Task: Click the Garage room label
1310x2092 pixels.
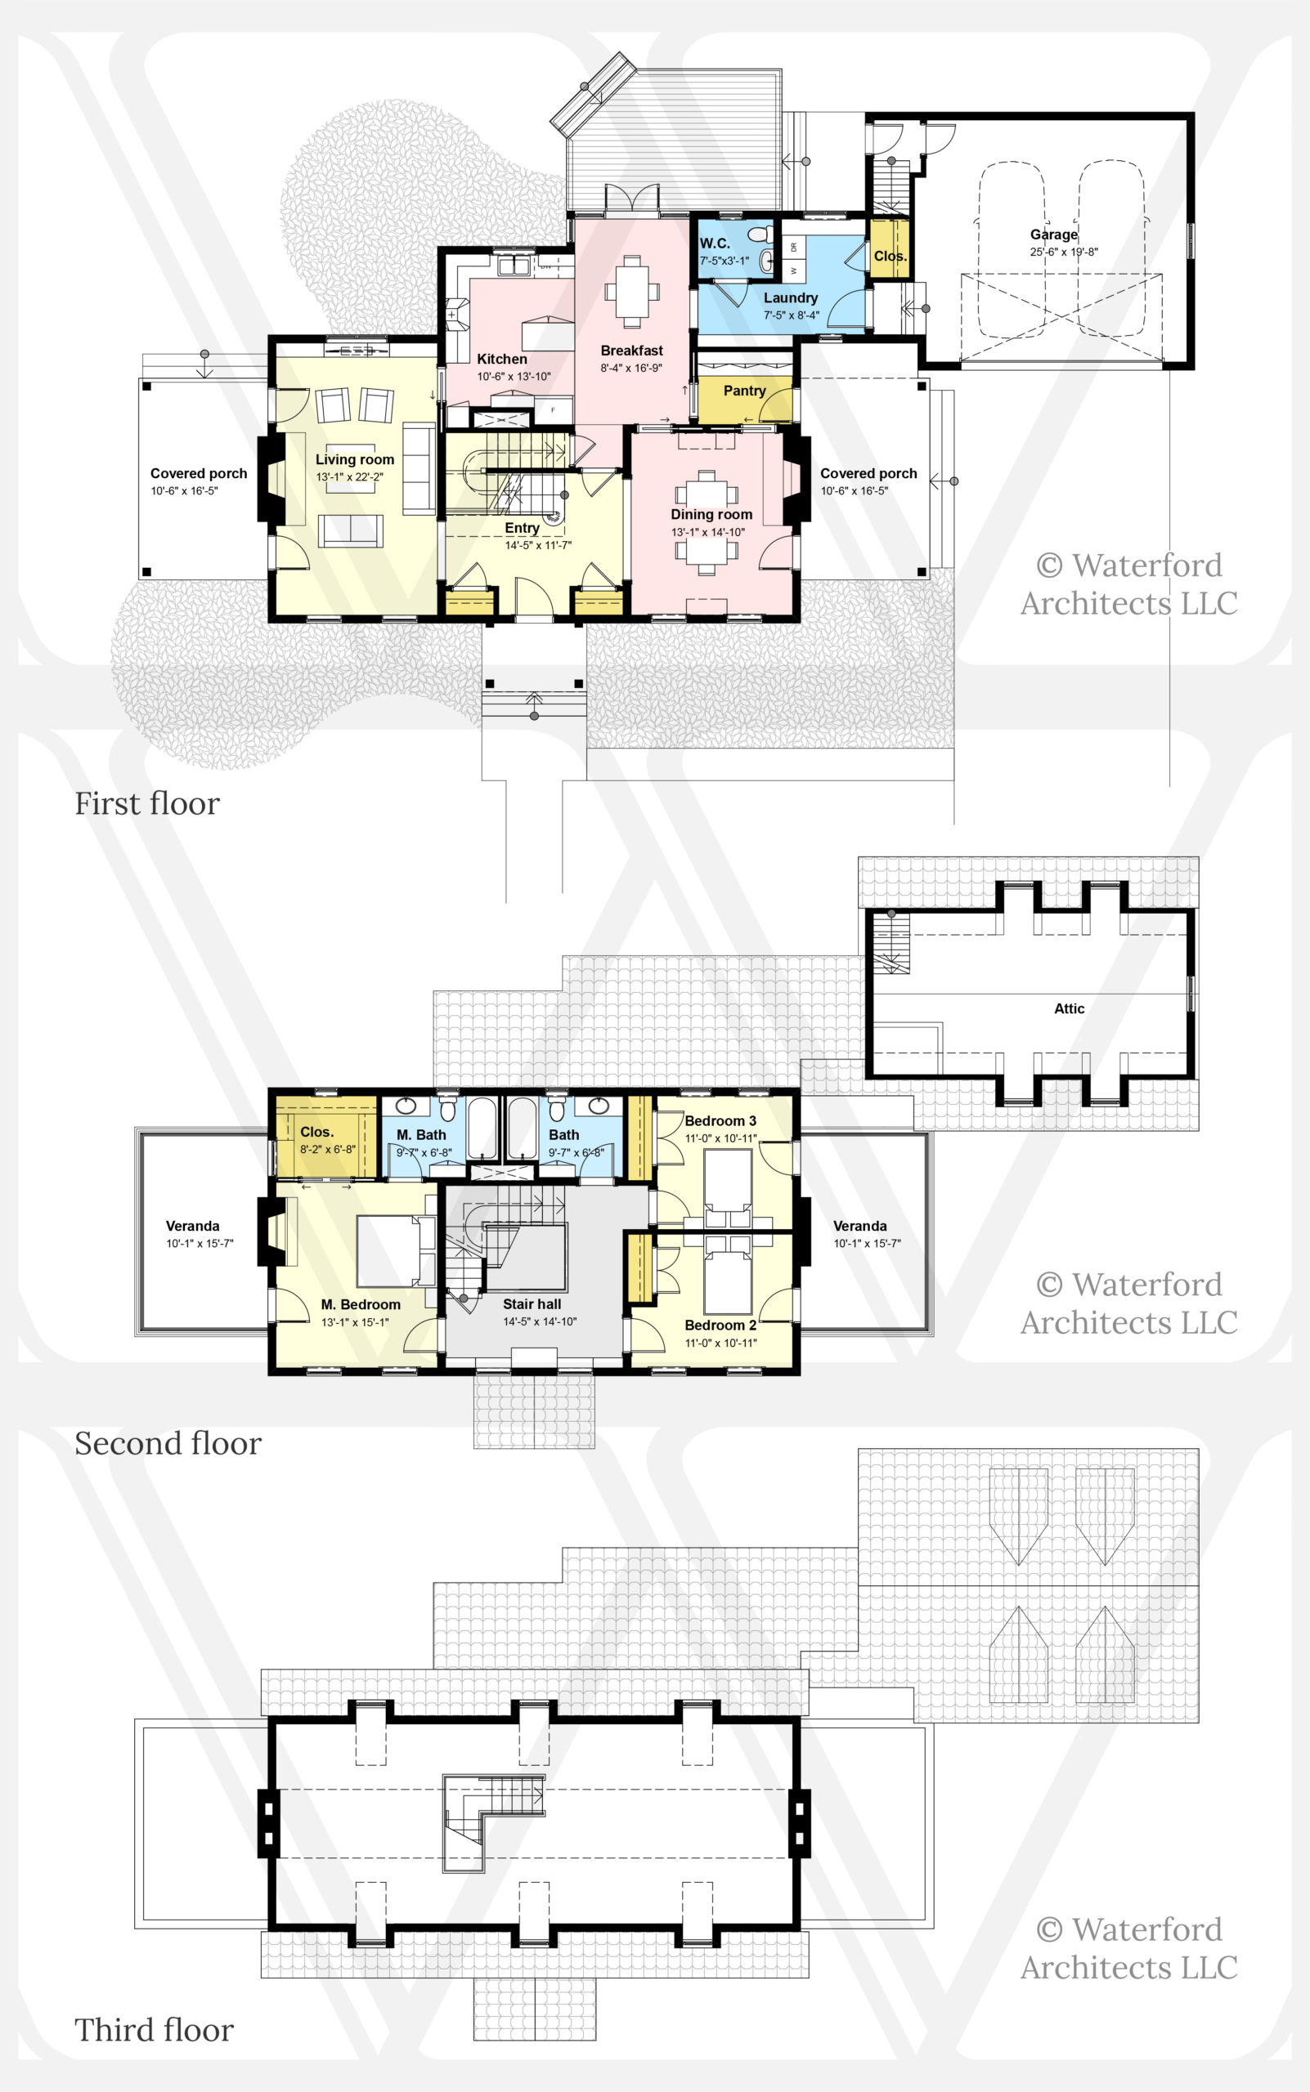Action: (1053, 234)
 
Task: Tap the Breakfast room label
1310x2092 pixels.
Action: (631, 351)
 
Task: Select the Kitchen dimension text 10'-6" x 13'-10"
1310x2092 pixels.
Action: (514, 377)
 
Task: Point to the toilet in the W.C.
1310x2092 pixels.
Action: (760, 234)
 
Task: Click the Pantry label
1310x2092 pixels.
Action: (744, 391)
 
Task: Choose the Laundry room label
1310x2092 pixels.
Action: (790, 298)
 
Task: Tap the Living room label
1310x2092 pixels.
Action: (354, 460)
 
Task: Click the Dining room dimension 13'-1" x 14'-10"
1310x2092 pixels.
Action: (708, 532)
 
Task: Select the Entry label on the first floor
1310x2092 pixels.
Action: (523, 528)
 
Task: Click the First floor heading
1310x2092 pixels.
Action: (147, 803)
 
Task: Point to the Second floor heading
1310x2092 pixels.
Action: (168, 1443)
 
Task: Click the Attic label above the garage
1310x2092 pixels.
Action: (1069, 1008)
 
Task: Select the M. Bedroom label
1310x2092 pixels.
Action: (361, 1305)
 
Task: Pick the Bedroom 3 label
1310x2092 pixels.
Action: (720, 1120)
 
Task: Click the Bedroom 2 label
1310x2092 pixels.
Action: (720, 1325)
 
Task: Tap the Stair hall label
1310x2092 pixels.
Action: (532, 1304)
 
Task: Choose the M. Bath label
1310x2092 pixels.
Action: (421, 1134)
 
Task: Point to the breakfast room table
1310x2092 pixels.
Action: (632, 291)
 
